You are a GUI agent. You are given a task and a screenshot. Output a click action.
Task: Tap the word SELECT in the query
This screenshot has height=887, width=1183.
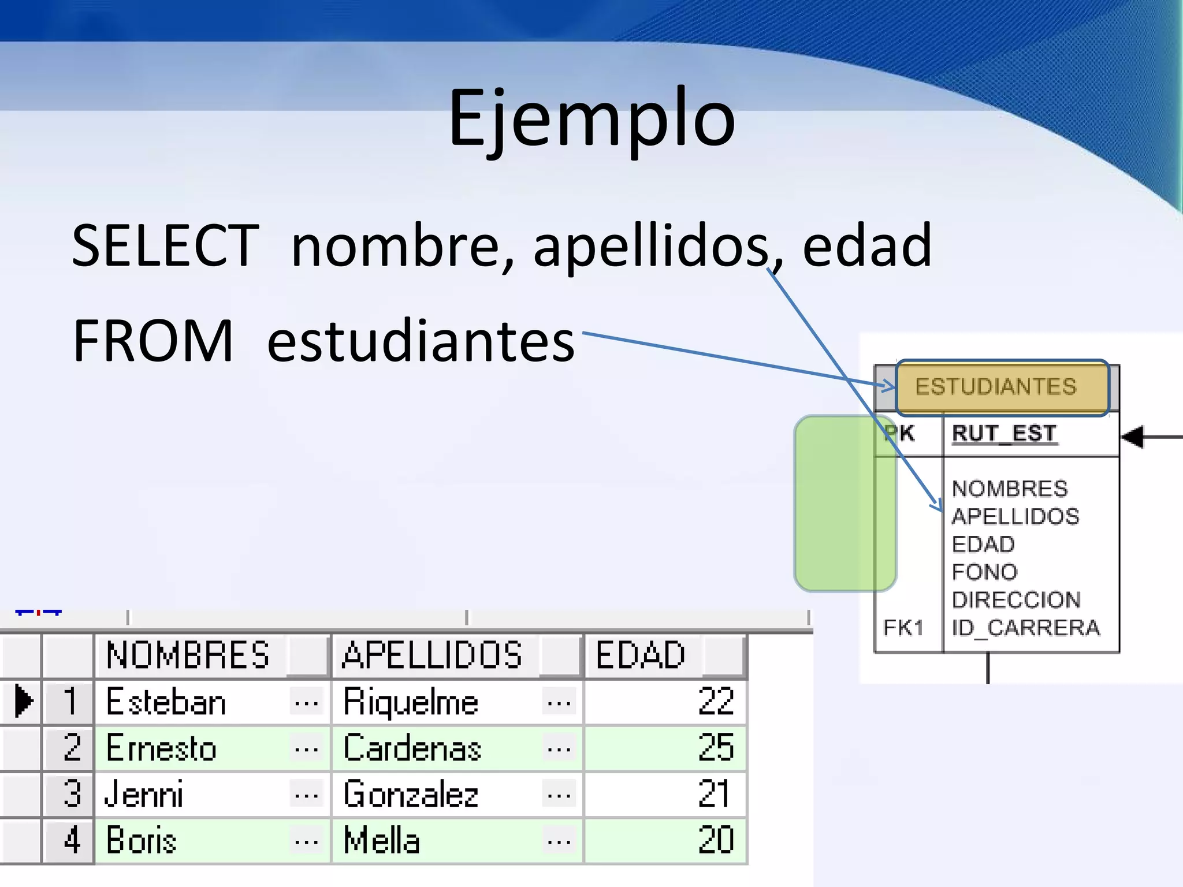tap(165, 245)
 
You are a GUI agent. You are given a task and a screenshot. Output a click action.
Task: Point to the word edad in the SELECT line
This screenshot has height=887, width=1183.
tap(866, 245)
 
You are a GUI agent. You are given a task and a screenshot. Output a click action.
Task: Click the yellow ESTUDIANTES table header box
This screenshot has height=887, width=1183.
tap(1002, 387)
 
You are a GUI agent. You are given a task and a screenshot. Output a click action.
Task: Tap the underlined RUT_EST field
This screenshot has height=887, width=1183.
tap(1005, 433)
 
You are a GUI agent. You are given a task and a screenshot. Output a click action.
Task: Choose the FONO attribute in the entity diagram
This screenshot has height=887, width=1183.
tap(984, 572)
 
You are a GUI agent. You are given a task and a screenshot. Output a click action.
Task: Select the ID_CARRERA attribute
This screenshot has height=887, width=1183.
tap(1026, 628)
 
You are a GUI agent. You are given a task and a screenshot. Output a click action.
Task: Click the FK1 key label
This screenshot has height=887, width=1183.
tap(903, 628)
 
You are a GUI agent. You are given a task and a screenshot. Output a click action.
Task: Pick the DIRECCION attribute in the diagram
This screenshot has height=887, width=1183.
tap(1016, 600)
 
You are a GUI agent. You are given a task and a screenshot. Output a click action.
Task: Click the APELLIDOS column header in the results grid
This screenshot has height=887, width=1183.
tap(432, 655)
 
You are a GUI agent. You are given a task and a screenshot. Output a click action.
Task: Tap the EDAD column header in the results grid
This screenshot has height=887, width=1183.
tap(640, 655)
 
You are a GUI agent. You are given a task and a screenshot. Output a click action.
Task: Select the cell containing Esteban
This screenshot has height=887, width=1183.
tap(166, 702)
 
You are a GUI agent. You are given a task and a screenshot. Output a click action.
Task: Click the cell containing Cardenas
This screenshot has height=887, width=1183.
tap(412, 748)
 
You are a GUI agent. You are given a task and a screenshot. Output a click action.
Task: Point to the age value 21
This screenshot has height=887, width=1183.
tap(714, 794)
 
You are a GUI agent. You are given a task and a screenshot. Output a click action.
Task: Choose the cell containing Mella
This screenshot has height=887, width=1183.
tap(381, 840)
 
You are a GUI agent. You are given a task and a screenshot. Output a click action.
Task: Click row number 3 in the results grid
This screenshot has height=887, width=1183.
tap(72, 794)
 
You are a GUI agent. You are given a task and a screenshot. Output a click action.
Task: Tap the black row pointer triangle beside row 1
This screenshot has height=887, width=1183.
tap(23, 701)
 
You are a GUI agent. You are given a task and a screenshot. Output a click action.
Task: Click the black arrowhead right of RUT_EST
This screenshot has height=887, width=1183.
tap(1133, 437)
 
